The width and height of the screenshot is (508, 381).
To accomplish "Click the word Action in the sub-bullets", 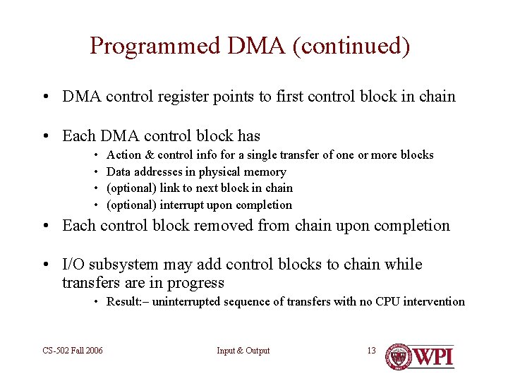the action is [123, 155].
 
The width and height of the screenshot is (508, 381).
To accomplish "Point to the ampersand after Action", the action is [148, 155].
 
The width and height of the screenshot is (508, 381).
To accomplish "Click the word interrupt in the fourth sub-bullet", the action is [183, 205].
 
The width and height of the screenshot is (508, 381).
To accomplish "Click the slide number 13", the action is [371, 351].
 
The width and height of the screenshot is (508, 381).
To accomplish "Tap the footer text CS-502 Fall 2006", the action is [72, 351].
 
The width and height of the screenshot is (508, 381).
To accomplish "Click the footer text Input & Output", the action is [243, 351].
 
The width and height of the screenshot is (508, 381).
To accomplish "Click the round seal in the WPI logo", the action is [399, 356].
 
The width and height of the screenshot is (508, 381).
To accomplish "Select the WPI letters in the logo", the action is [434, 356].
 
